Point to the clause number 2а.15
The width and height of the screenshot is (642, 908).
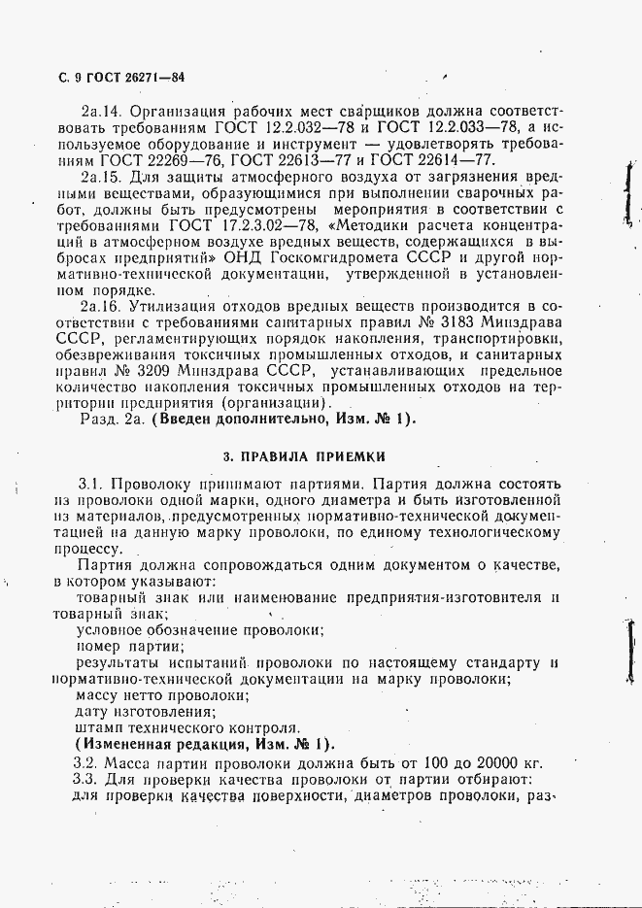point(100,178)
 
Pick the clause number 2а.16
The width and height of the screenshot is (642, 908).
point(100,306)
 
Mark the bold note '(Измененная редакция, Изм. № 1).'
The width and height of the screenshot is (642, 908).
point(205,745)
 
